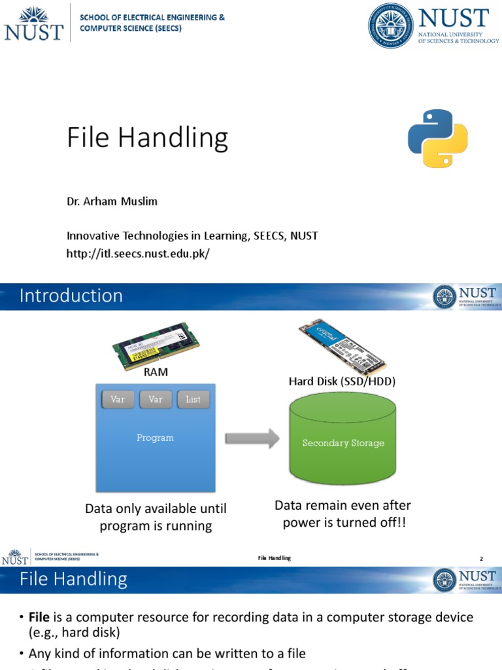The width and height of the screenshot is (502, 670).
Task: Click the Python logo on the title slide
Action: tap(438, 138)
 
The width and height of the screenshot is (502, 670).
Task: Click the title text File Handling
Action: tap(148, 138)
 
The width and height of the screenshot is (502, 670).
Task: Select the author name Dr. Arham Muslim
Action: tap(112, 202)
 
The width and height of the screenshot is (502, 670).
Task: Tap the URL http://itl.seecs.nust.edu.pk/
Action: tap(138, 253)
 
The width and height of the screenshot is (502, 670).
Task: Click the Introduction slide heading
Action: tap(71, 296)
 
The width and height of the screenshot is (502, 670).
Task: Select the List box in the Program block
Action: tap(193, 399)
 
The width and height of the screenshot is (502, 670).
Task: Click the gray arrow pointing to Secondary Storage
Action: tap(252, 439)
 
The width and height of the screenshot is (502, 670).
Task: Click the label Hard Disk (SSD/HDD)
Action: tap(343, 381)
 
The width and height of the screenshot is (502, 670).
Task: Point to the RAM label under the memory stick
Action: tap(156, 372)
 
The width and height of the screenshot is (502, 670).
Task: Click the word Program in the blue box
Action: tap(155, 438)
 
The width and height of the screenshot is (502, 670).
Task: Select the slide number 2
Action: tap(481, 558)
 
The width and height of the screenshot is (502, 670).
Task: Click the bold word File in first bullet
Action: tap(40, 617)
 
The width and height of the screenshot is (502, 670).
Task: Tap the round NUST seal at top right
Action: tap(390, 26)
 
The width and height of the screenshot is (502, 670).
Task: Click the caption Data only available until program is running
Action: tap(156, 517)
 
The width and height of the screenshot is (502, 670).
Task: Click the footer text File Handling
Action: tap(274, 558)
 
